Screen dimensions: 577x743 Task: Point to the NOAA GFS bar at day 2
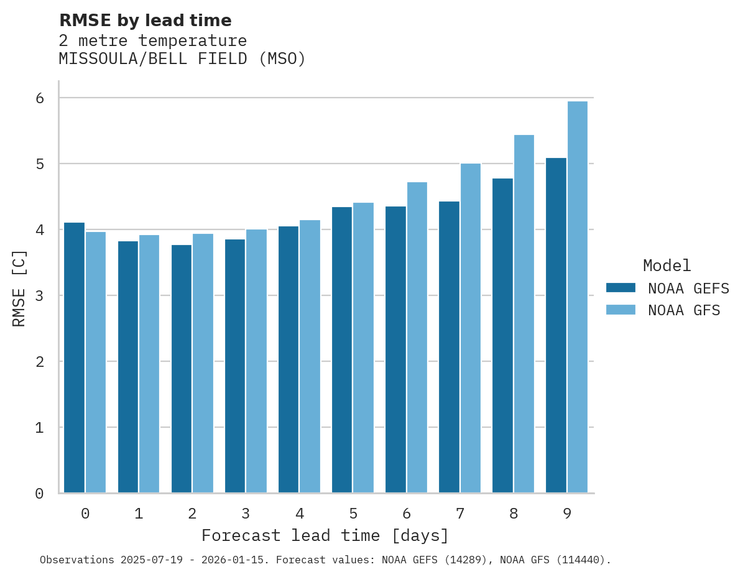pyautogui.click(x=203, y=363)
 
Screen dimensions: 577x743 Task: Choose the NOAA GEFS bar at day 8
pyautogui.click(x=502, y=336)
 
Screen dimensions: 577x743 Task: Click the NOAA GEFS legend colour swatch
pyautogui.click(x=621, y=287)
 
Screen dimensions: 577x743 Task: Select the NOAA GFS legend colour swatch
pyautogui.click(x=621, y=310)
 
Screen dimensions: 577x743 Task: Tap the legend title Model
pyautogui.click(x=667, y=265)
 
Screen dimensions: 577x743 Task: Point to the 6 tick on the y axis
pyautogui.click(x=40, y=98)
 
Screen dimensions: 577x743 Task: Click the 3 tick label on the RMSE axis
pyautogui.click(x=40, y=296)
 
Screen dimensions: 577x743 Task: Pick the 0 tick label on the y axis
pyautogui.click(x=40, y=494)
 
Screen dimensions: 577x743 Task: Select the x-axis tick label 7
pyautogui.click(x=460, y=514)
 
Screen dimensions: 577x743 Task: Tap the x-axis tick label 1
pyautogui.click(x=139, y=514)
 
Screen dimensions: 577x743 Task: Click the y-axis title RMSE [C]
pyautogui.click(x=20, y=288)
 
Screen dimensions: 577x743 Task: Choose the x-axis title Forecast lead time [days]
pyautogui.click(x=325, y=535)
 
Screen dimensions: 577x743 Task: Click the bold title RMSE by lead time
pyautogui.click(x=145, y=21)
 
